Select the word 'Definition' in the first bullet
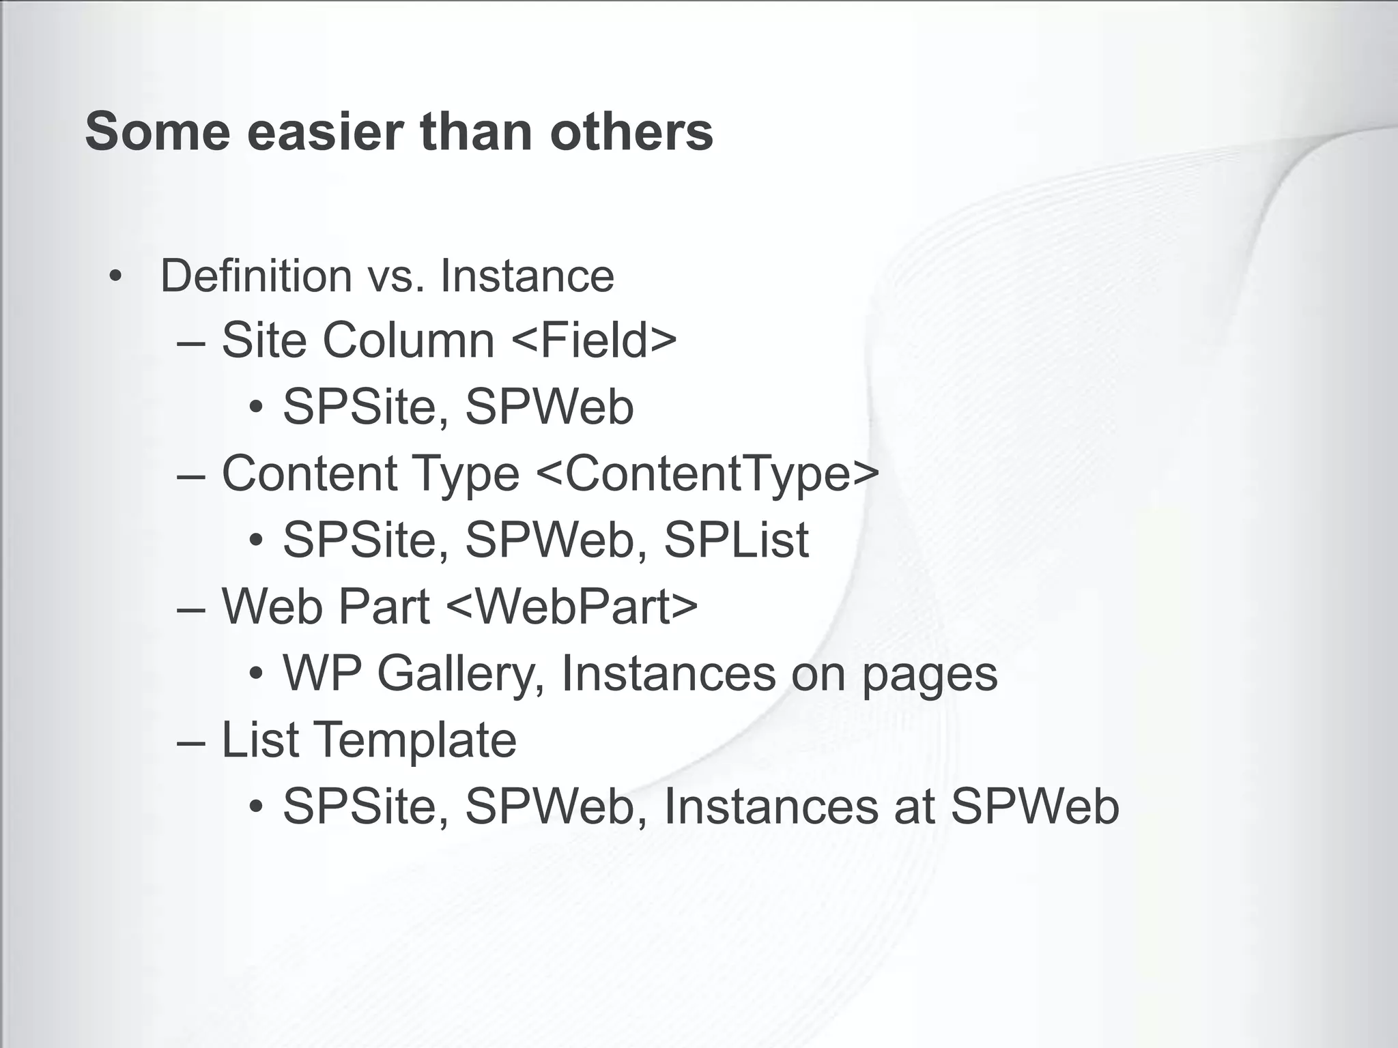point(256,276)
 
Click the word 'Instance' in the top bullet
point(527,276)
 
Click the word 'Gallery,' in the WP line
point(461,674)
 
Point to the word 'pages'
point(929,674)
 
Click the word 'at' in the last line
point(913,806)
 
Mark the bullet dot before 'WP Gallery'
point(256,675)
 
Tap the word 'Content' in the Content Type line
point(309,473)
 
